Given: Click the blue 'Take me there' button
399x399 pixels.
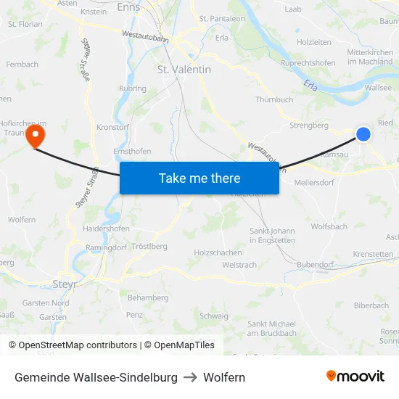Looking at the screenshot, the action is [199, 178].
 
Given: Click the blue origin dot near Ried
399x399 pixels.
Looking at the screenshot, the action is [363, 134].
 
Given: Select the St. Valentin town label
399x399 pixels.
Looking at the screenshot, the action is [184, 70].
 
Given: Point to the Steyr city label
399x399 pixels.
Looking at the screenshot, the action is [65, 284].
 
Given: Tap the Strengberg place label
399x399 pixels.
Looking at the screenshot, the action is [309, 125].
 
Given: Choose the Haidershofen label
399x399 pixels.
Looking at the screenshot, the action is [106, 229].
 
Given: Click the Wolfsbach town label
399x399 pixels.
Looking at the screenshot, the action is [329, 226].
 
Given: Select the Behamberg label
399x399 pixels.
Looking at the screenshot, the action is [148, 297].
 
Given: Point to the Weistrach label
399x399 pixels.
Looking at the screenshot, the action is [239, 265].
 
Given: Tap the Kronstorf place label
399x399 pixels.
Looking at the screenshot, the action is [113, 127].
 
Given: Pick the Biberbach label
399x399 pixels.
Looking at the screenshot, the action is [371, 305].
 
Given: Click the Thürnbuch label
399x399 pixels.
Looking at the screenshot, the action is [274, 99].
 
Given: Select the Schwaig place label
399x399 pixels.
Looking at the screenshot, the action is [213, 316].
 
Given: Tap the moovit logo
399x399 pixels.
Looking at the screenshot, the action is [355, 377].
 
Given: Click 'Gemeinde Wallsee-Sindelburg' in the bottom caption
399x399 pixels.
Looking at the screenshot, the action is [96, 377].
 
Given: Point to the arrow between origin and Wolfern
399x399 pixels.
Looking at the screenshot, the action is [190, 377].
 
